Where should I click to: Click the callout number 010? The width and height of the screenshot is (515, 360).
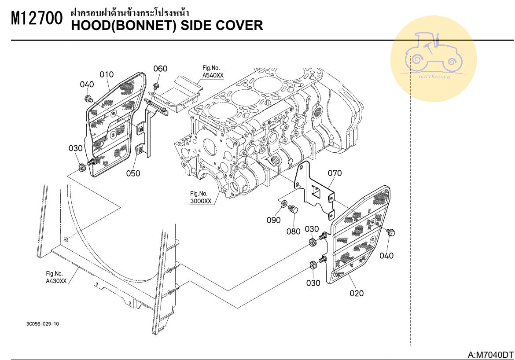click(107, 74)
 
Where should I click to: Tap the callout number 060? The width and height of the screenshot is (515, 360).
click(160, 68)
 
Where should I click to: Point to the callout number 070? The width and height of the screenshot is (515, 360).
click(335, 173)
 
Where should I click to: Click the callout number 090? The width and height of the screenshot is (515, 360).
click(274, 220)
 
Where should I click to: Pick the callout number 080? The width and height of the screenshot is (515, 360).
click(294, 231)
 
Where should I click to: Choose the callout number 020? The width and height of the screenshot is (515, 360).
click(357, 293)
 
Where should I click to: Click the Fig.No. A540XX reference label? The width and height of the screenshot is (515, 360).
click(213, 72)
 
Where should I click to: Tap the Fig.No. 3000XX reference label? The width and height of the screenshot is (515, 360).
click(201, 197)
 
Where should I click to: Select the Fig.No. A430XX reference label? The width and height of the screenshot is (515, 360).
click(56, 277)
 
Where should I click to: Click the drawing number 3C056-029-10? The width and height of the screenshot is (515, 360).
click(43, 324)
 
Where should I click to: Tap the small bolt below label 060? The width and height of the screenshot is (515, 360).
click(156, 85)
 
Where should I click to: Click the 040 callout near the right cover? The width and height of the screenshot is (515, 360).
click(386, 255)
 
